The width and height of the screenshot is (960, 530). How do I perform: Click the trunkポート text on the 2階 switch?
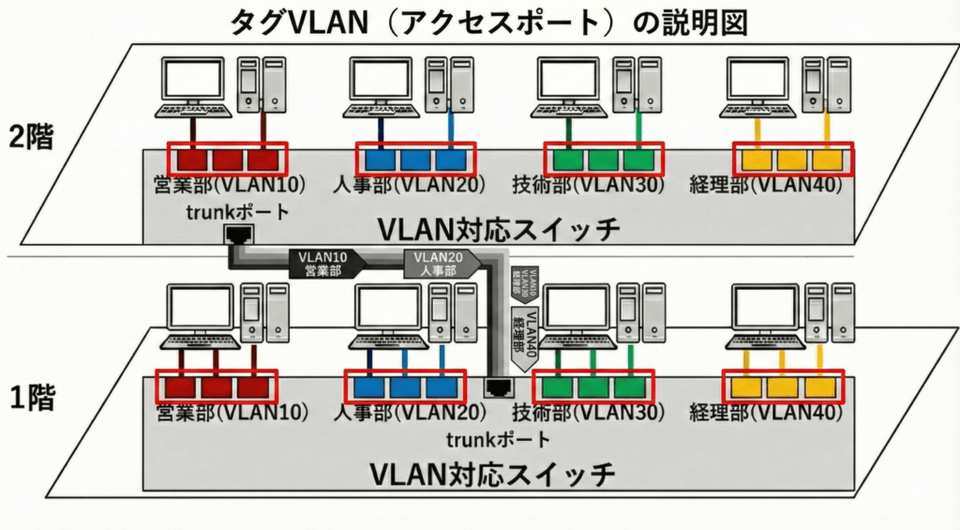237,213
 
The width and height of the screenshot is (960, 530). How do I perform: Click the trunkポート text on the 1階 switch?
498,439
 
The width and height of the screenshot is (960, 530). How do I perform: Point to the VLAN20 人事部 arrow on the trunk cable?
440,263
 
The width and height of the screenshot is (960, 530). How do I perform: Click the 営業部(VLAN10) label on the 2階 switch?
222,185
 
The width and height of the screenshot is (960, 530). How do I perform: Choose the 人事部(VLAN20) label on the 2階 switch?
408,185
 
